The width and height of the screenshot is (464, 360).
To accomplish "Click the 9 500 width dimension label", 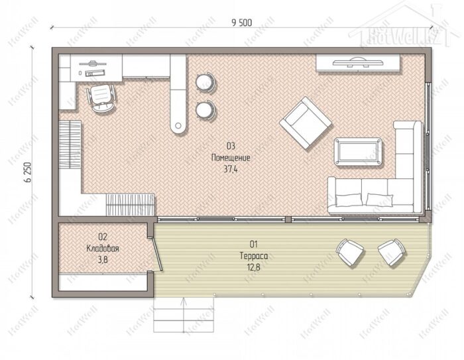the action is (242, 23).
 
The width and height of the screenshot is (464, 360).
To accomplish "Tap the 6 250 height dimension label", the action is (29, 172).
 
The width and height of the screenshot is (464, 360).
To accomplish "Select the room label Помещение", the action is (231, 158).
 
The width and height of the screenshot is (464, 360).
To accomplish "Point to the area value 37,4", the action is (231, 169).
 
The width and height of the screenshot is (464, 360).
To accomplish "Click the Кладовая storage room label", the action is (103, 249).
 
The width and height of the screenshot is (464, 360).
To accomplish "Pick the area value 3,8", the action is (103, 260).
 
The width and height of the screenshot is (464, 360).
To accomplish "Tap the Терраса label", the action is (254, 256).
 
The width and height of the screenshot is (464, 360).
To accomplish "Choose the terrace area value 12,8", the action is (254, 267).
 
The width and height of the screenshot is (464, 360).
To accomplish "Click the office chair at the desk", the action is (101, 97).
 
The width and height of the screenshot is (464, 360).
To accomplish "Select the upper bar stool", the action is (205, 82).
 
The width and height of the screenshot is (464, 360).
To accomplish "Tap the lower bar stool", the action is (205, 110).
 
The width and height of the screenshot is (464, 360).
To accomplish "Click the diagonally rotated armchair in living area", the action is (306, 123).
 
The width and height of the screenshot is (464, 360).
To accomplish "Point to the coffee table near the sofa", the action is (358, 152).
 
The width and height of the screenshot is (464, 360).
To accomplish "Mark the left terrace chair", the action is (350, 252).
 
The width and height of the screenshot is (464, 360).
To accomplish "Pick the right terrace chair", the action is (392, 252).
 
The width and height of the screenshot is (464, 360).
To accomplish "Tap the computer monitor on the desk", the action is (93, 63).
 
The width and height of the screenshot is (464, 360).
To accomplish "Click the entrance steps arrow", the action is (184, 316).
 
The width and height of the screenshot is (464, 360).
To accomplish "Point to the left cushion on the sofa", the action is (349, 200).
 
